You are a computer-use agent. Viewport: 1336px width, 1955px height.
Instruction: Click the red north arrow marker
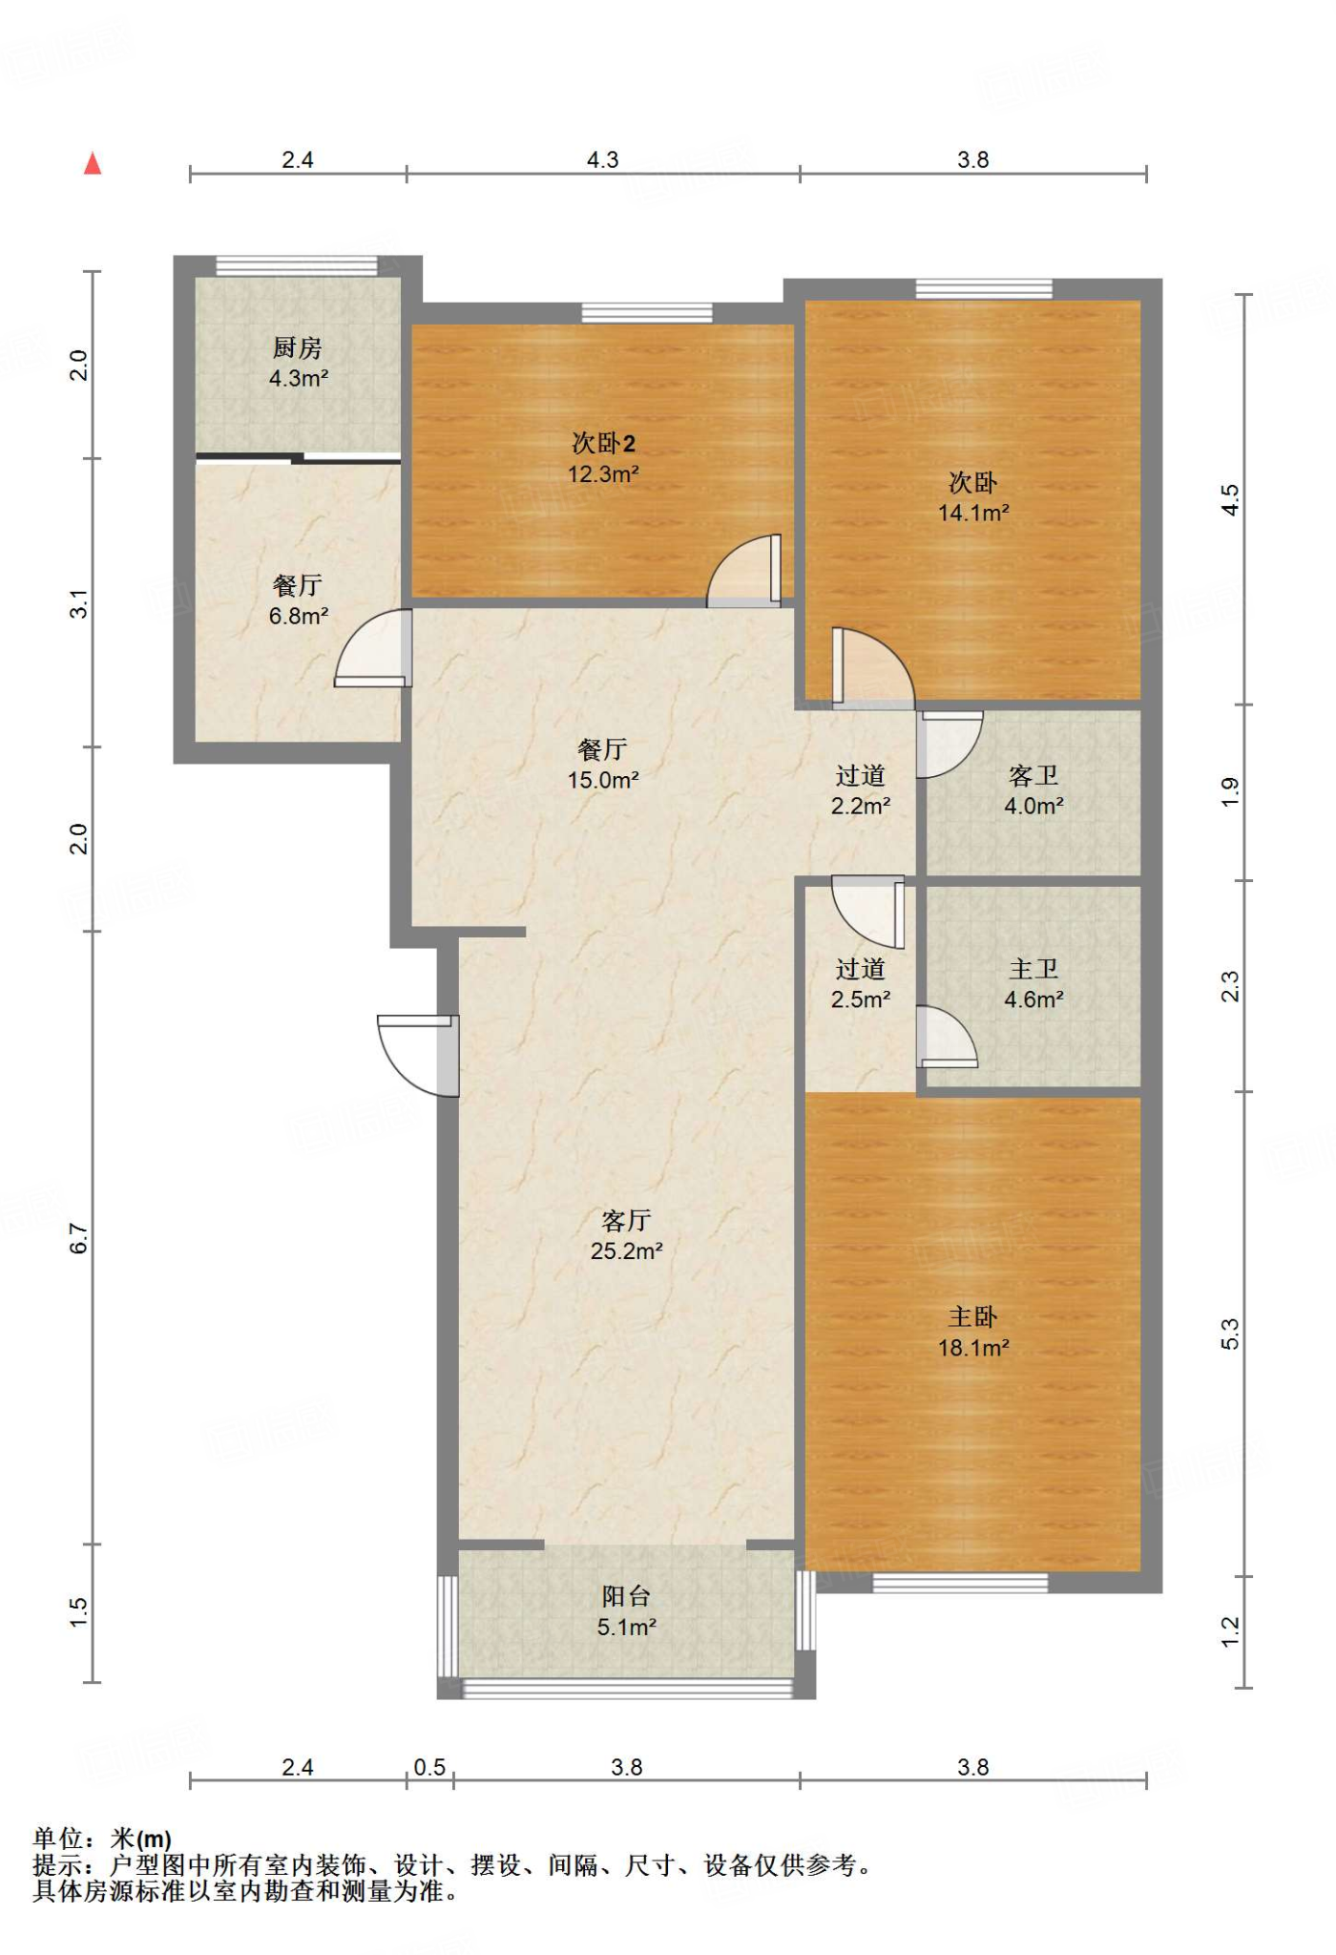(93, 163)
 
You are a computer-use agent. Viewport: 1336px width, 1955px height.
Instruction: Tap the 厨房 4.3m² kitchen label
(298, 363)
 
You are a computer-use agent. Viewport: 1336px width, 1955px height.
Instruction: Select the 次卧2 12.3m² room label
(603, 458)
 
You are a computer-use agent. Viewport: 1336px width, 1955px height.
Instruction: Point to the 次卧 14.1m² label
(973, 497)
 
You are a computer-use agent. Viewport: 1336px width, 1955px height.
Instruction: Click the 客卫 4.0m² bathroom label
(1033, 790)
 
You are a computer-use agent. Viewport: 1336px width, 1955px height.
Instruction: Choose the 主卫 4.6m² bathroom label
(1033, 984)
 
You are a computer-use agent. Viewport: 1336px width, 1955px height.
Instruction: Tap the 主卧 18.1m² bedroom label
(973, 1333)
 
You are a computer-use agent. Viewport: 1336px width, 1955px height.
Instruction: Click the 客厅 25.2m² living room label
(626, 1235)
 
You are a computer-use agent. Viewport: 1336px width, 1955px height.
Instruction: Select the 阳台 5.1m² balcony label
(626, 1611)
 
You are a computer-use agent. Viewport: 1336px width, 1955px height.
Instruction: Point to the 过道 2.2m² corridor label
(861, 790)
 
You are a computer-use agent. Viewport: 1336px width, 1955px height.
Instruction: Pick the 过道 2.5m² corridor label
(861, 984)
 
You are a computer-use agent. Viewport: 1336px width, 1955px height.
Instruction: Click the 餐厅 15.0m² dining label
(603, 765)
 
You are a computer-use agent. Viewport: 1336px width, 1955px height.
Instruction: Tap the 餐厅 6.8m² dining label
(298, 600)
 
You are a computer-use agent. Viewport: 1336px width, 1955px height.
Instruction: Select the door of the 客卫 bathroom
(949, 745)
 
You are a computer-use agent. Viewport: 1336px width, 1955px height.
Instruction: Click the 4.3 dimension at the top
(603, 159)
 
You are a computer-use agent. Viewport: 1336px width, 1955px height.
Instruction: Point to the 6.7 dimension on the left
(79, 1238)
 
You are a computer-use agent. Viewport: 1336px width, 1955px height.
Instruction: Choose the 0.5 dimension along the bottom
(429, 1767)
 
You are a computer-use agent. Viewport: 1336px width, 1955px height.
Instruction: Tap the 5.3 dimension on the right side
(1230, 1334)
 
